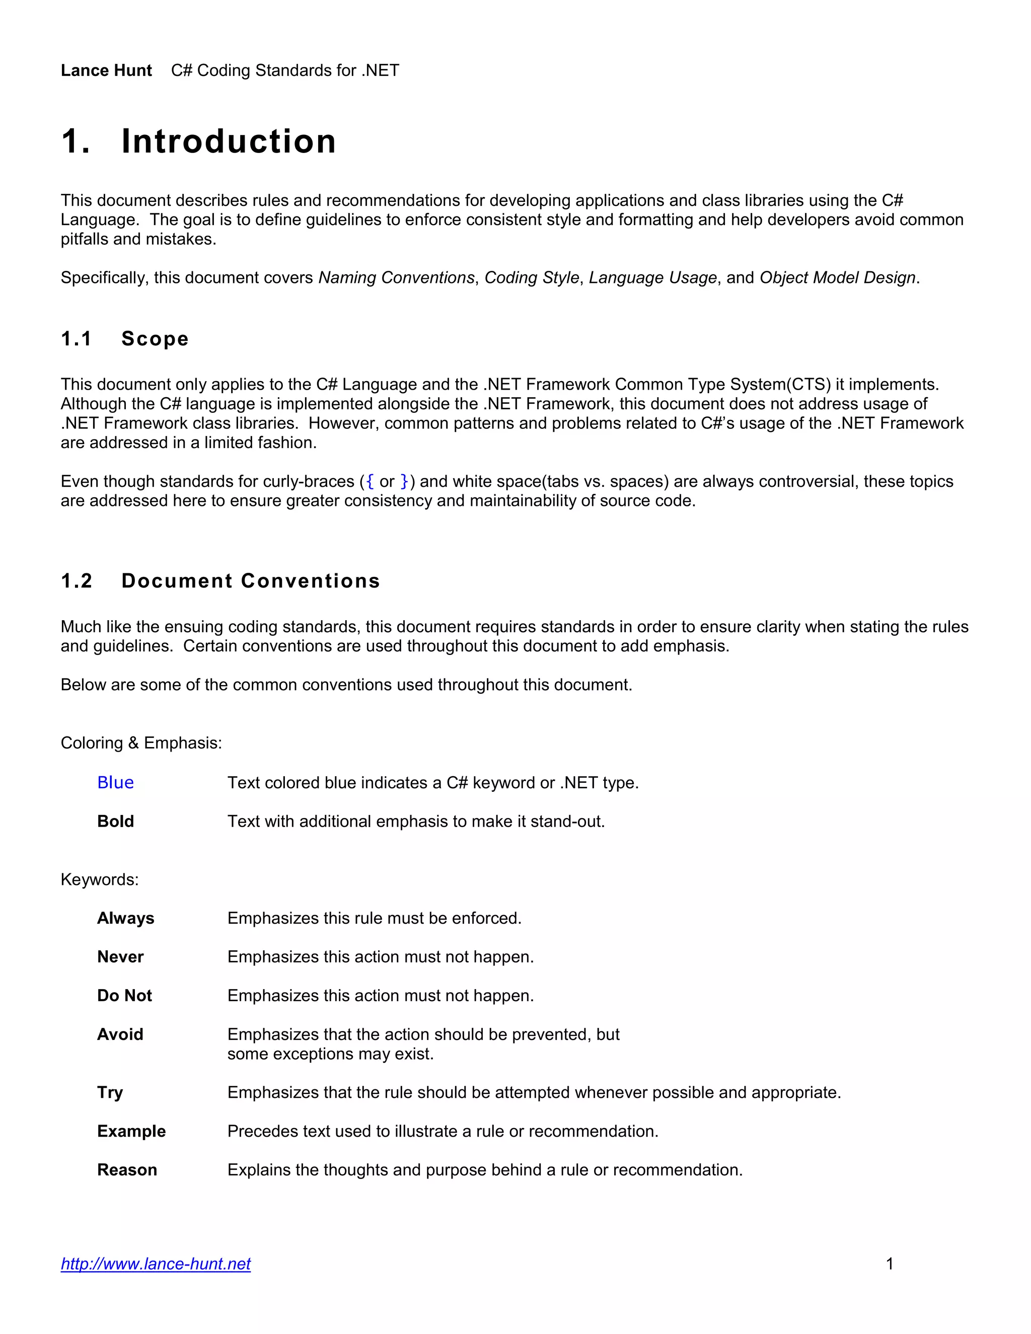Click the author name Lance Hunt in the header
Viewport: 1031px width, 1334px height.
pos(106,70)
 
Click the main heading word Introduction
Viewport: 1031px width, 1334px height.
pos(229,142)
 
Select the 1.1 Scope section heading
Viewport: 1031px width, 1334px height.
pos(125,338)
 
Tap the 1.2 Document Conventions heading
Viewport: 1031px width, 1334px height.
pos(220,580)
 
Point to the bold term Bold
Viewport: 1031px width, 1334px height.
pos(115,821)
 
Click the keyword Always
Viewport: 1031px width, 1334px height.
pos(126,918)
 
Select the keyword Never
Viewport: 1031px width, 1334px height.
pos(120,956)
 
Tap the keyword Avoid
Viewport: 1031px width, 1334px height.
pos(120,1034)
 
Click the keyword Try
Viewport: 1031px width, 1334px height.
pos(110,1092)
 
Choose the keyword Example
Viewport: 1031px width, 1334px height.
pos(131,1131)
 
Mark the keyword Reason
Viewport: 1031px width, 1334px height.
pos(127,1170)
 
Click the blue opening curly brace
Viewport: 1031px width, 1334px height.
pos(370,481)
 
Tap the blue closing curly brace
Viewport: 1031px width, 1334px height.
pos(404,481)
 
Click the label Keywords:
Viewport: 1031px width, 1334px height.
pos(100,879)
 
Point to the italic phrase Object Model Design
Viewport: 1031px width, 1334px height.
pos(837,277)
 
